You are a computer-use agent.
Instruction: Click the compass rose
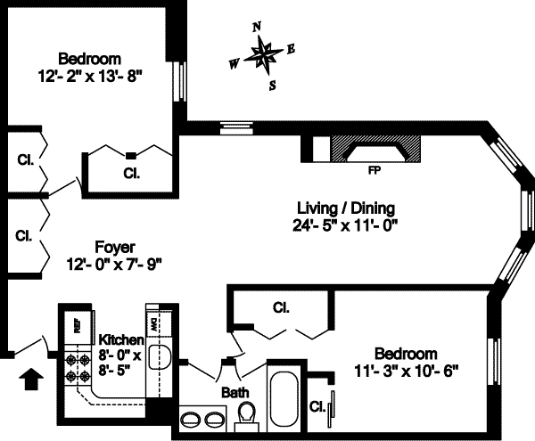point(265,57)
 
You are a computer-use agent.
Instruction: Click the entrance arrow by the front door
point(30,378)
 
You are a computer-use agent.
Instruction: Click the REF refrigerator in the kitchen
point(76,325)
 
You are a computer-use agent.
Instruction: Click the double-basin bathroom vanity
point(203,419)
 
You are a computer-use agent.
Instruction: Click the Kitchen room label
point(119,340)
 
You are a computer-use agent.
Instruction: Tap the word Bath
point(235,392)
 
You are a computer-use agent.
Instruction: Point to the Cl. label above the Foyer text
point(24,236)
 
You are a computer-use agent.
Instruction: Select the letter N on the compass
point(257,28)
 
